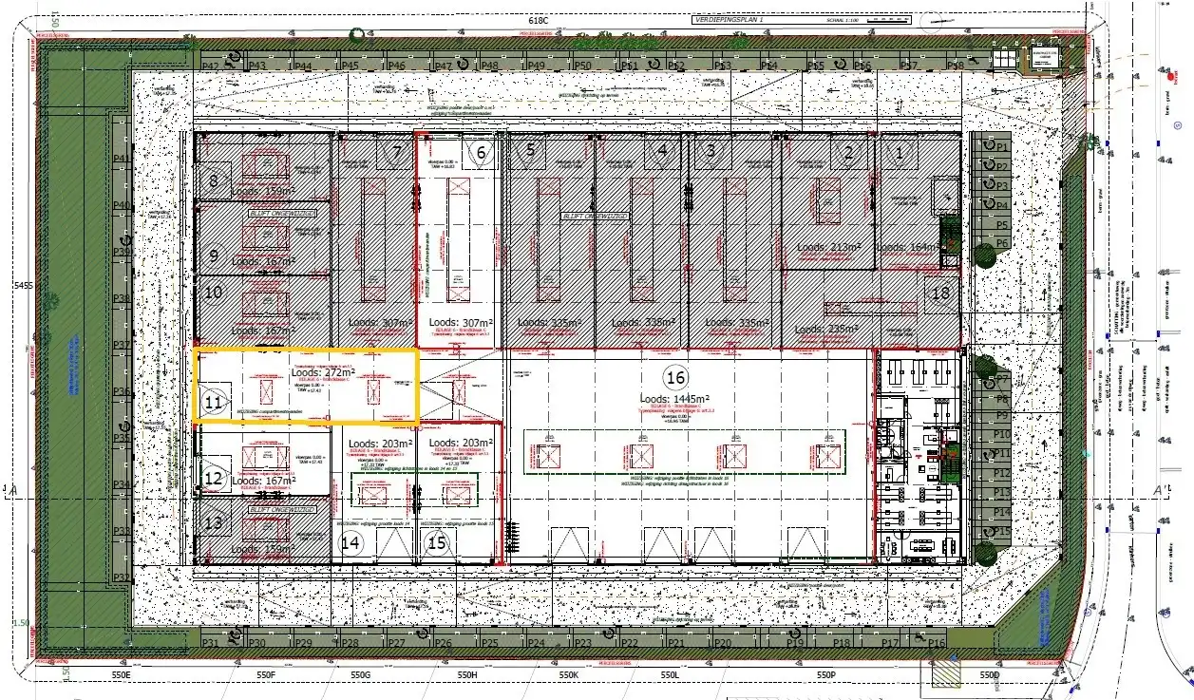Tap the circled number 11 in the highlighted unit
click(x=214, y=403)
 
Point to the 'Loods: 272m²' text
click(x=322, y=373)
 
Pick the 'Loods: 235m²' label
click(x=826, y=330)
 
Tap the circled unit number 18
click(x=940, y=293)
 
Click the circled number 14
click(x=351, y=543)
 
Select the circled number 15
click(x=437, y=543)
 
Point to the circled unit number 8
click(x=214, y=180)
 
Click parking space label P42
click(x=211, y=66)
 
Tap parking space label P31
click(x=211, y=644)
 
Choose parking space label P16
click(x=937, y=644)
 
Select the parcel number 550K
click(x=568, y=674)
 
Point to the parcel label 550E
click(x=120, y=674)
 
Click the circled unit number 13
click(x=214, y=521)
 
